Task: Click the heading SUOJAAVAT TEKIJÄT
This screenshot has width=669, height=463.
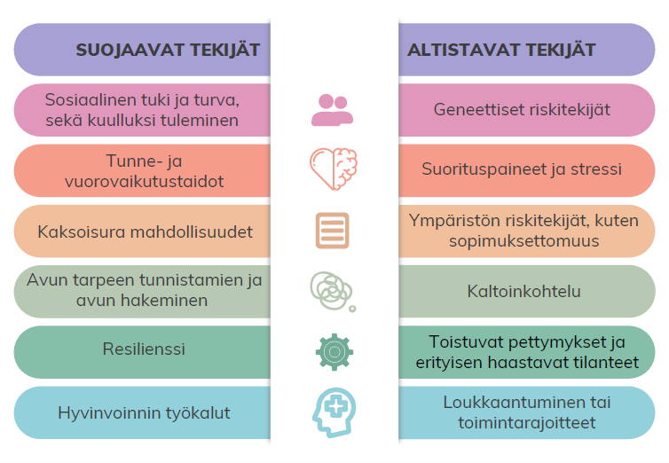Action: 168,50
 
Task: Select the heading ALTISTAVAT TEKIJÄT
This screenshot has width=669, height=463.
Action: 501,50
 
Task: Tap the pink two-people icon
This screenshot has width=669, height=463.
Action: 333,110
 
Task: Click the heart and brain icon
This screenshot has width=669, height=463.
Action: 334,169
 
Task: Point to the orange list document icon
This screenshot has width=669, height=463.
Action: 333,231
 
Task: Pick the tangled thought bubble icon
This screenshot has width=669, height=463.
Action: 333,291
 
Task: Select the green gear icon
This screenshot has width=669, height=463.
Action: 334,352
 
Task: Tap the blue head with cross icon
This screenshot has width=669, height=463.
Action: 334,412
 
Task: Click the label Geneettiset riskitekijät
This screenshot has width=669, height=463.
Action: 522,110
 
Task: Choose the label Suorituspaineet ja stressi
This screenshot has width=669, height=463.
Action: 522,169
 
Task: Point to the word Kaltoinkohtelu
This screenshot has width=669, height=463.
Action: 524,292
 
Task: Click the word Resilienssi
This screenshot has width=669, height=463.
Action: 144,349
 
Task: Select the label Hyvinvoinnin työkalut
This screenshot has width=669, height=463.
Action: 144,413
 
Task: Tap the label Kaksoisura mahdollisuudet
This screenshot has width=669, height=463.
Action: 145,232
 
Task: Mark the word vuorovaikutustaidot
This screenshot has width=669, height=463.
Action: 145,182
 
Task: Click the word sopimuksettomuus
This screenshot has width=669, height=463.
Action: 524,241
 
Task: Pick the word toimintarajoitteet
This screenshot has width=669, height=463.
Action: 527,423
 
